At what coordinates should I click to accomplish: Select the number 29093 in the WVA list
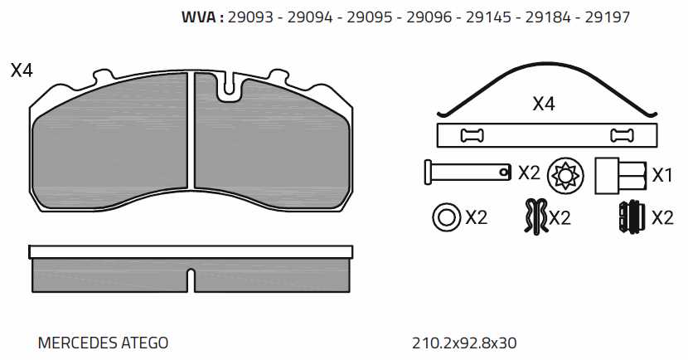pos(250,17)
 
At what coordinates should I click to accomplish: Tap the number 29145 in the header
pos(488,17)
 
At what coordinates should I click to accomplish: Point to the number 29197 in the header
pos(608,17)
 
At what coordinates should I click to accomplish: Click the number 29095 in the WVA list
pos(370,17)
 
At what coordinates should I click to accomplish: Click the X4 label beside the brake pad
pos(22,71)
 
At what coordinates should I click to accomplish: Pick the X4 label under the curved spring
pos(544,104)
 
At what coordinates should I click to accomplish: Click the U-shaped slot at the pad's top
pos(229,87)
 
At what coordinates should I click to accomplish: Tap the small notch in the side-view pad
pos(191,280)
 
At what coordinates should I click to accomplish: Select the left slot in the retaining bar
pos(472,136)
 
